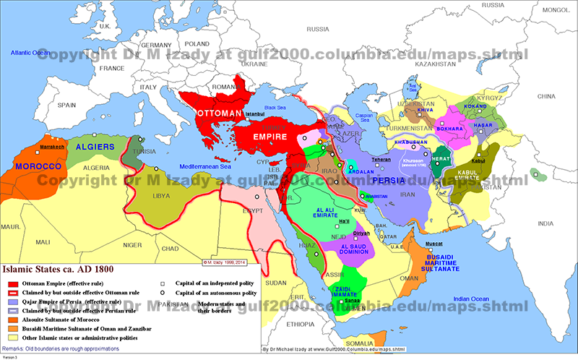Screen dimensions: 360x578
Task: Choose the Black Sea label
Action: click(x=275, y=107)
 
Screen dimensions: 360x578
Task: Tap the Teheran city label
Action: click(x=381, y=159)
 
